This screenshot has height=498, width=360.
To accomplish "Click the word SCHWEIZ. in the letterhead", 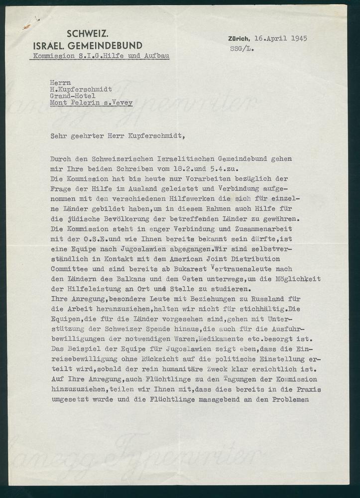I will [88, 35].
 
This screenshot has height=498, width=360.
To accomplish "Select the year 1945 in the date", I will [297, 38].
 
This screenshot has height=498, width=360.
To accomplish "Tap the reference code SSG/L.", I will [240, 48].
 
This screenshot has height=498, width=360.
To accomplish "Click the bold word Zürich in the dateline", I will [239, 38].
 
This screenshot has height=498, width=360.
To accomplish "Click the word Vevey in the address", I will [122, 103].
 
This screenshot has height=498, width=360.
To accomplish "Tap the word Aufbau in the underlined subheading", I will [156, 56].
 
